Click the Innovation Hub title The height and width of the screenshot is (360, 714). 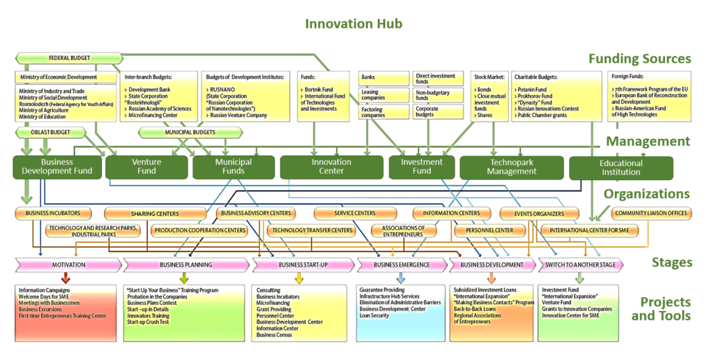tap(354, 24)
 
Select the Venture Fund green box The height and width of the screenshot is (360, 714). tap(146, 167)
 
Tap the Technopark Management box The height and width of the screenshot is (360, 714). tap(512, 167)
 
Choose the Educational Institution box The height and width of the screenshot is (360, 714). tap(621, 167)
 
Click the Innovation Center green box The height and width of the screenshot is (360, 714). tap(331, 167)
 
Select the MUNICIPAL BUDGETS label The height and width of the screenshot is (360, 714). tap(189, 131)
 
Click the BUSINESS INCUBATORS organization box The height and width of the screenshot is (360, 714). tap(53, 213)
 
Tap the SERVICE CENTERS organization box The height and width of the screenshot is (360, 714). tap(355, 213)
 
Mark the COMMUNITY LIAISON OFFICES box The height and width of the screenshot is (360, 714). tap(651, 213)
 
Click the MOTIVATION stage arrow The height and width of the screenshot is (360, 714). tap(68, 265)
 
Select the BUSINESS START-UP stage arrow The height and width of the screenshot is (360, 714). tap(303, 265)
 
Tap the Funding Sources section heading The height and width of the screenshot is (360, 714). tap(639, 59)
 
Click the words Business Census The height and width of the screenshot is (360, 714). tap(275, 335)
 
